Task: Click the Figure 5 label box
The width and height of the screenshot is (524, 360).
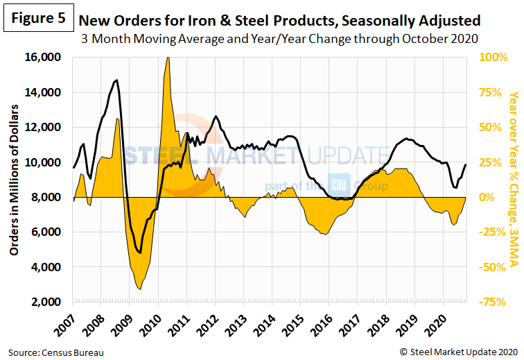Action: [37, 19]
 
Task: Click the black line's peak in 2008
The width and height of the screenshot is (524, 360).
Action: [115, 80]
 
